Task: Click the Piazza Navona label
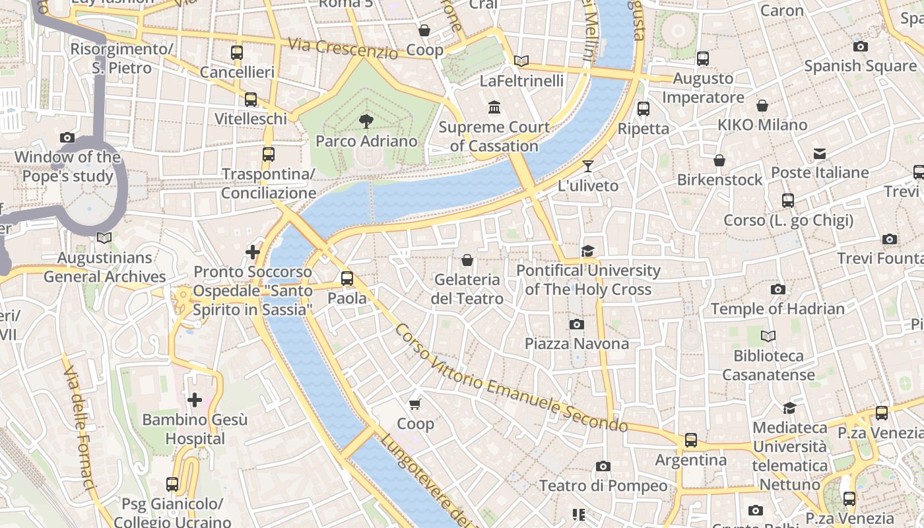point(576,344)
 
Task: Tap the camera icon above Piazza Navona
point(576,324)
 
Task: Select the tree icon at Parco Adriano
point(366,121)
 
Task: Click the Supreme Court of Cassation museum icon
point(494,107)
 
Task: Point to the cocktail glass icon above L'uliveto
point(588,166)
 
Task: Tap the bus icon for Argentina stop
point(690,440)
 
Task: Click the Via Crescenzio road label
point(343,48)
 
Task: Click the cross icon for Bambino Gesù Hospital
point(195,400)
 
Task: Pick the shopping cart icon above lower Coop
point(415,404)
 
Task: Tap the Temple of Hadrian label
point(777,309)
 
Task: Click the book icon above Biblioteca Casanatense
point(768,337)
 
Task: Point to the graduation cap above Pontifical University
point(587,251)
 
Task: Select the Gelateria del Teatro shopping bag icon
point(467,261)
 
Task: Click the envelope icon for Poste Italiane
point(820,154)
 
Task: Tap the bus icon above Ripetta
point(643,109)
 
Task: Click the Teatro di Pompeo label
point(603,486)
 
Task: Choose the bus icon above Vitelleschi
point(251,100)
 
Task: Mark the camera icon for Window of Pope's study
point(67,137)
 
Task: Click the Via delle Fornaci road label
point(80,429)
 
